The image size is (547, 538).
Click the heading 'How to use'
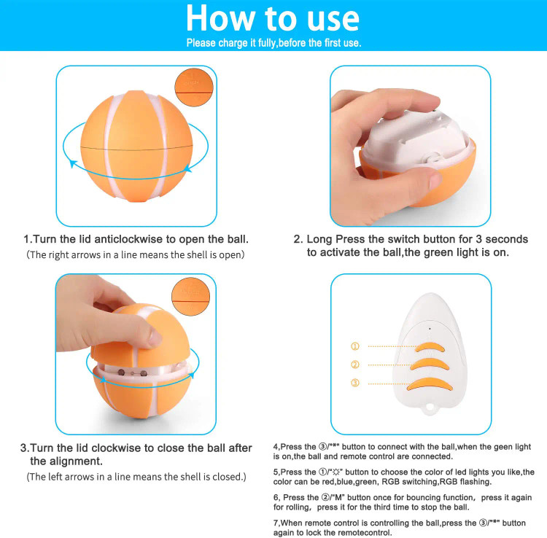click(273, 18)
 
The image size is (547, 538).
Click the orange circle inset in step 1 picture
click(194, 87)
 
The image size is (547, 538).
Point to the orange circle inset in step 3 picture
click(191, 297)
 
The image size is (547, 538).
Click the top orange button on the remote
click(430, 347)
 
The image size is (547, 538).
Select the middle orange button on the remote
click(430, 364)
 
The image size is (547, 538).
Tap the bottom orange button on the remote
click(430, 384)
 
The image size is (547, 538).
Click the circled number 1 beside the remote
click(354, 346)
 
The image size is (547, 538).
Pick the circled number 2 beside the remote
click(354, 364)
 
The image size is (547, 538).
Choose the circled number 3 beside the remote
click(354, 383)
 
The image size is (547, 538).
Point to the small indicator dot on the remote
click(430, 329)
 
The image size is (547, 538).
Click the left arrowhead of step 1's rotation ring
click(72, 163)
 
